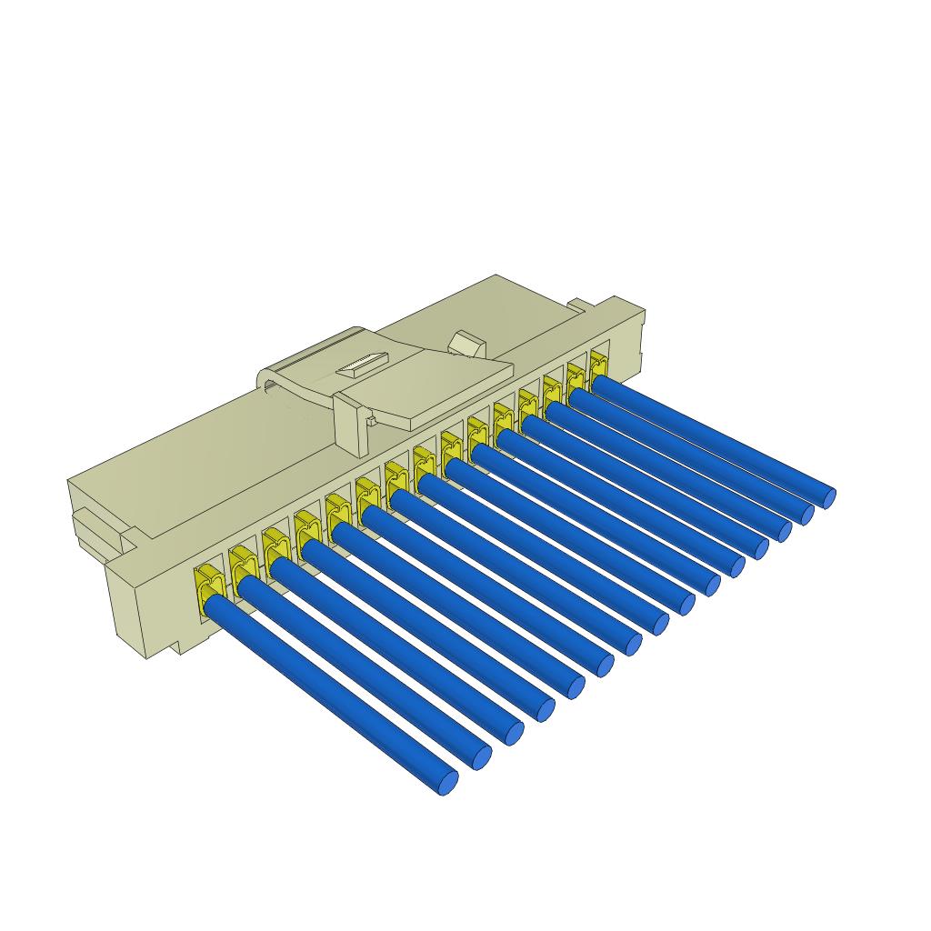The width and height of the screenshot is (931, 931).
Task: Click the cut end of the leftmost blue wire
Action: click(x=447, y=783)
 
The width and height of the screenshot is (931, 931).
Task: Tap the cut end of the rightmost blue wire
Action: click(x=828, y=497)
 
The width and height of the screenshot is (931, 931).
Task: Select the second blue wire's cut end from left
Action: click(x=481, y=757)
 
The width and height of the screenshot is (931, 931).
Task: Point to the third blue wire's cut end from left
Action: click(x=514, y=733)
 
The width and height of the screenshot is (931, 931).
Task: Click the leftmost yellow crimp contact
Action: click(x=208, y=582)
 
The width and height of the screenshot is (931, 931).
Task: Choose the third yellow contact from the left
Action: click(x=275, y=546)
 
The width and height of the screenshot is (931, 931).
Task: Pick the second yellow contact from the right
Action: click(x=576, y=376)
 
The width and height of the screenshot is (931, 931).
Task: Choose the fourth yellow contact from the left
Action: click(x=306, y=528)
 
